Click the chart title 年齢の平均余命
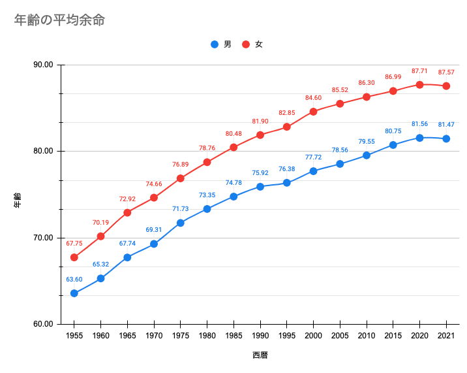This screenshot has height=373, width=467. (x=59, y=20)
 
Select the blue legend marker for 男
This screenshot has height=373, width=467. (x=215, y=44)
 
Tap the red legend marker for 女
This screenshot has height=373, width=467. (x=246, y=44)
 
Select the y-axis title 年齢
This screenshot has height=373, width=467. (x=18, y=200)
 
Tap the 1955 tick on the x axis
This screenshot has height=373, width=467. (x=74, y=336)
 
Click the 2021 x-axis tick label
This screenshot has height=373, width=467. (x=446, y=336)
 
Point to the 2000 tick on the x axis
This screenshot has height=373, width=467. (x=313, y=336)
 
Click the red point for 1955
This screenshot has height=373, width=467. (x=74, y=257)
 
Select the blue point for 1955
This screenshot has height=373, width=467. (x=74, y=293)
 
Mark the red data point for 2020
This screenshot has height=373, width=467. (x=419, y=85)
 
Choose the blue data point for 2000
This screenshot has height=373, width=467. (x=313, y=171)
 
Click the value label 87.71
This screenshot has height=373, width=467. (x=419, y=71)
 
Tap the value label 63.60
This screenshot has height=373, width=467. (x=74, y=280)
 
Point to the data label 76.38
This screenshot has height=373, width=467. (x=286, y=169)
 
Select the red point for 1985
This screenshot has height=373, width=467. (x=233, y=147)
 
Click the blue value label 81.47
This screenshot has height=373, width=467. (x=446, y=125)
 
